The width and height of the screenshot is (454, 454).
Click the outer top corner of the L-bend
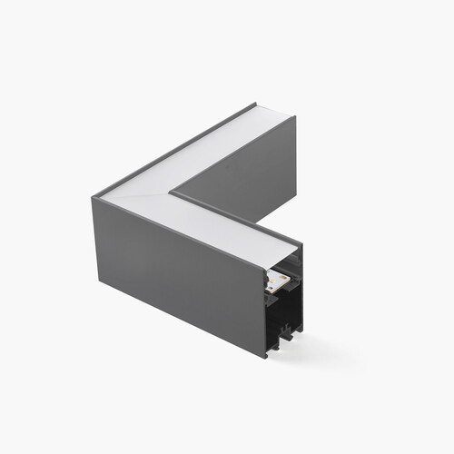point(94,195)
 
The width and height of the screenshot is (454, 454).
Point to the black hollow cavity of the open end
point(287,313)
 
